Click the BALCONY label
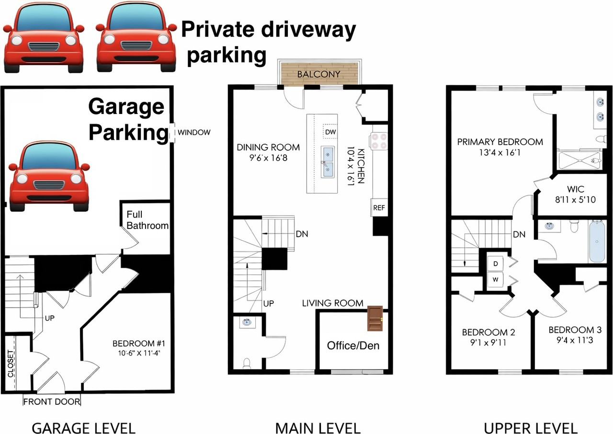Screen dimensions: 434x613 [x=318, y=74]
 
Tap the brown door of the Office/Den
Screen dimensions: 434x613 [x=375, y=318]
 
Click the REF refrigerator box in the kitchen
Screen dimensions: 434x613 [x=379, y=208]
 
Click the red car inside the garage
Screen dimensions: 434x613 [x=49, y=176]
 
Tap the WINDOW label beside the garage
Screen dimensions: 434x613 [x=194, y=133]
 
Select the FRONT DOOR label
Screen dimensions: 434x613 [x=52, y=401]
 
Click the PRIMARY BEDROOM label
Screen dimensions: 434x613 [x=500, y=142]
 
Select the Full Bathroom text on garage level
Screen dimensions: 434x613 [x=148, y=220]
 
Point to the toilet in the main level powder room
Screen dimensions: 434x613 [x=247, y=364]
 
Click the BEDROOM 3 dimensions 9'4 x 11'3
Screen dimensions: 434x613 [x=575, y=342]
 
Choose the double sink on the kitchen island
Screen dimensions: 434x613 [x=329, y=161]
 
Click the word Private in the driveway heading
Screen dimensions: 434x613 [x=217, y=30]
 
